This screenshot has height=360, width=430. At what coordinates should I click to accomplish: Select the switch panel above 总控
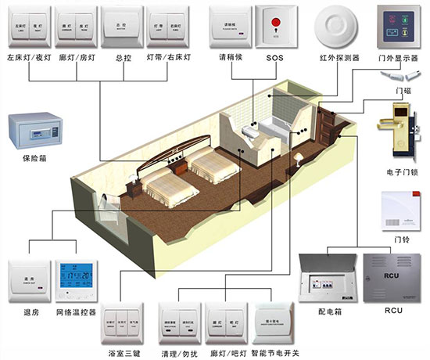[x=124, y=27]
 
